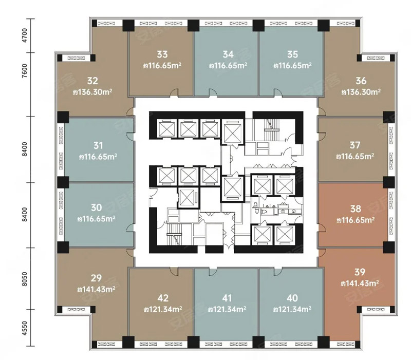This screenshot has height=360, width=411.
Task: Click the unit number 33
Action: coord(162,54)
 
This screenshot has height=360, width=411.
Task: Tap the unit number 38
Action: coord(356,209)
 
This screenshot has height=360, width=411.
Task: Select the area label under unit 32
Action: coord(92,92)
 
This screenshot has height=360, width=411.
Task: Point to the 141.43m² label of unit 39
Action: coord(360,283)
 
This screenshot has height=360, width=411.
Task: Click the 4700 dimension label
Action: coord(24,35)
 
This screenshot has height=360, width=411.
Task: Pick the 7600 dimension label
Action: coord(24,71)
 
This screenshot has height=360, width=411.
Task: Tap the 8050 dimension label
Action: coord(24,279)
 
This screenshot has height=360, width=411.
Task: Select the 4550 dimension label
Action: coord(24,328)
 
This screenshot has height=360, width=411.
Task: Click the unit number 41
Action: coord(227,298)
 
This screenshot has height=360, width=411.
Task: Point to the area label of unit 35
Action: coord(292,66)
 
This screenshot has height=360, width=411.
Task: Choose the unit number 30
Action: coord(97,207)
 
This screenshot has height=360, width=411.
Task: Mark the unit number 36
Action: coord(361,81)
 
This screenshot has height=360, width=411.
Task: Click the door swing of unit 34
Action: coord(213,92)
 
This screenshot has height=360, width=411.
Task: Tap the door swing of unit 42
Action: coord(174,271)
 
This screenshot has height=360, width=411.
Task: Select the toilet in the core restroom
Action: coord(264,211)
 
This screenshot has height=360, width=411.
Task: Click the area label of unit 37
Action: coord(355,157)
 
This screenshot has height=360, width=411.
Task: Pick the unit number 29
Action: coord(96,278)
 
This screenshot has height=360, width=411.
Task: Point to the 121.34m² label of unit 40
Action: coord(292,310)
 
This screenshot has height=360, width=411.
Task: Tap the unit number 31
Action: coord(98,145)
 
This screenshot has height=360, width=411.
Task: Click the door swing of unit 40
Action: coord(278,272)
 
